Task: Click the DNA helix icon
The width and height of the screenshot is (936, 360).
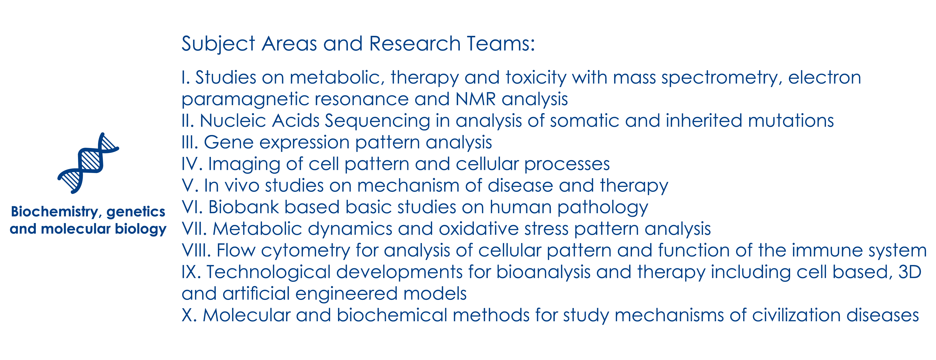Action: [88, 163]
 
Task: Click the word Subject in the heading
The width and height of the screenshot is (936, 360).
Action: [218, 44]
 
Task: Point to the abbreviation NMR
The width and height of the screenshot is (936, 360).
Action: [476, 99]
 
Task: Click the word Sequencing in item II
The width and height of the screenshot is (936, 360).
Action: [377, 121]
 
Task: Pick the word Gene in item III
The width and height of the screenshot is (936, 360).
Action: [228, 142]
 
